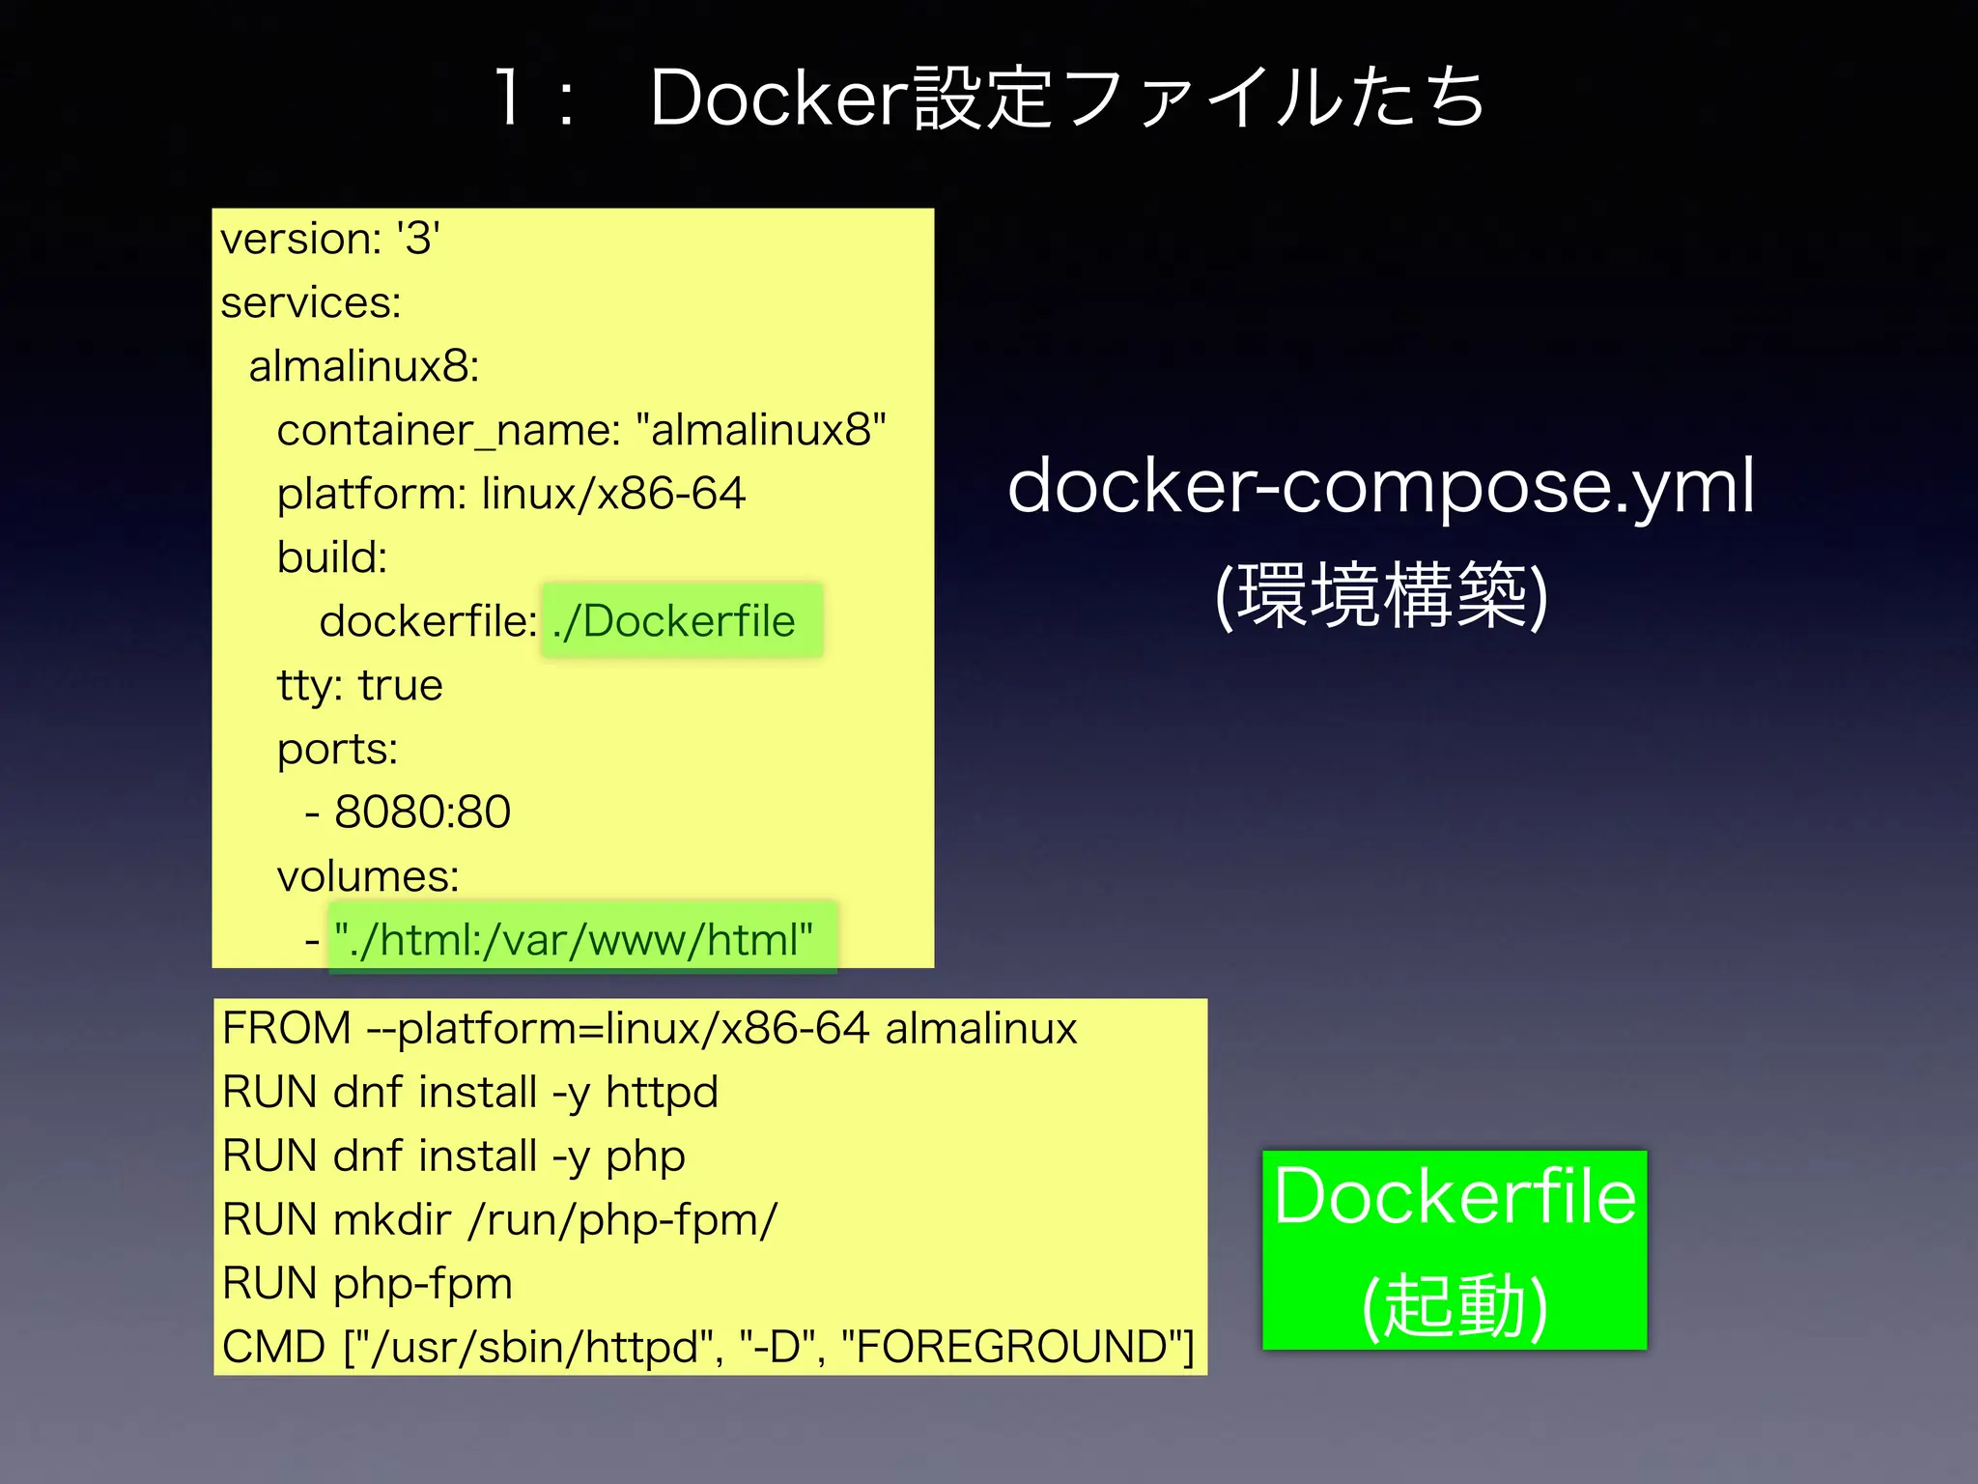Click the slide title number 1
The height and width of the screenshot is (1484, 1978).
pos(508,98)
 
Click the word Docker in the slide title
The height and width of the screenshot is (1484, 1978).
pos(780,98)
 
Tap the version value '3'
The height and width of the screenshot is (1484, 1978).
pos(418,238)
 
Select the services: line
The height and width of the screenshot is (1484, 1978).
pos(310,302)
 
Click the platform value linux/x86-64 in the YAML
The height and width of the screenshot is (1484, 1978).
pos(613,494)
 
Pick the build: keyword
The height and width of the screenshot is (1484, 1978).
pos(331,557)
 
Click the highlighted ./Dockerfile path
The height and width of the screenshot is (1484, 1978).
pos(674,621)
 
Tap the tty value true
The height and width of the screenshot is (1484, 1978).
pos(400,685)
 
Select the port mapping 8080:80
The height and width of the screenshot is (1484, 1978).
pos(422,812)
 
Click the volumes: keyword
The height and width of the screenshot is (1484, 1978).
pos(367,876)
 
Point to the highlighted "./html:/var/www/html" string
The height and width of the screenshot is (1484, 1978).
pos(574,940)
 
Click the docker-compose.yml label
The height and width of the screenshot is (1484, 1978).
pos(1381,486)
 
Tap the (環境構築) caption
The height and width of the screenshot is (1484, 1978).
pos(1381,595)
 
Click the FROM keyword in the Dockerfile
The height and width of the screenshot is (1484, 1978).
pos(286,1028)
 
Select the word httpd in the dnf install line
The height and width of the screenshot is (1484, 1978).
pos(662,1093)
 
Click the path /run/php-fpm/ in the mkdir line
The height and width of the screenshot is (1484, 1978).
pos(623,1219)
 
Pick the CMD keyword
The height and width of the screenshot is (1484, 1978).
pos(273,1347)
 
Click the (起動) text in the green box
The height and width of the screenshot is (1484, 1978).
pos(1455,1304)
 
